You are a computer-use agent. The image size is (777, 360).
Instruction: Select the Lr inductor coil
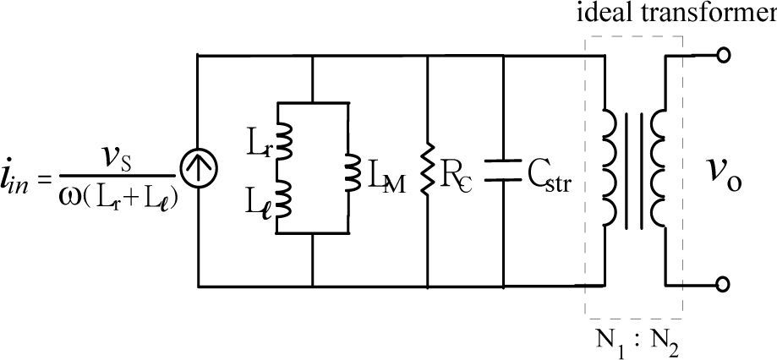pyautogui.click(x=283, y=141)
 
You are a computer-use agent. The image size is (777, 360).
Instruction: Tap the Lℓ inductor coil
pyautogui.click(x=283, y=197)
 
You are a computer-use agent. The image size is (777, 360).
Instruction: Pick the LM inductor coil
pyautogui.click(x=353, y=170)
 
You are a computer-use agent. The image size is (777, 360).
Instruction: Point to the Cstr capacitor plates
pyautogui.click(x=503, y=170)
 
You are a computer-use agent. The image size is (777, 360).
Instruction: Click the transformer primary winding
pyautogui.click(x=610, y=168)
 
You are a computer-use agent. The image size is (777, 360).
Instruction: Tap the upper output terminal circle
pyautogui.click(x=723, y=56)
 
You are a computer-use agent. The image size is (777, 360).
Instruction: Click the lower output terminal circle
pyautogui.click(x=723, y=284)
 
